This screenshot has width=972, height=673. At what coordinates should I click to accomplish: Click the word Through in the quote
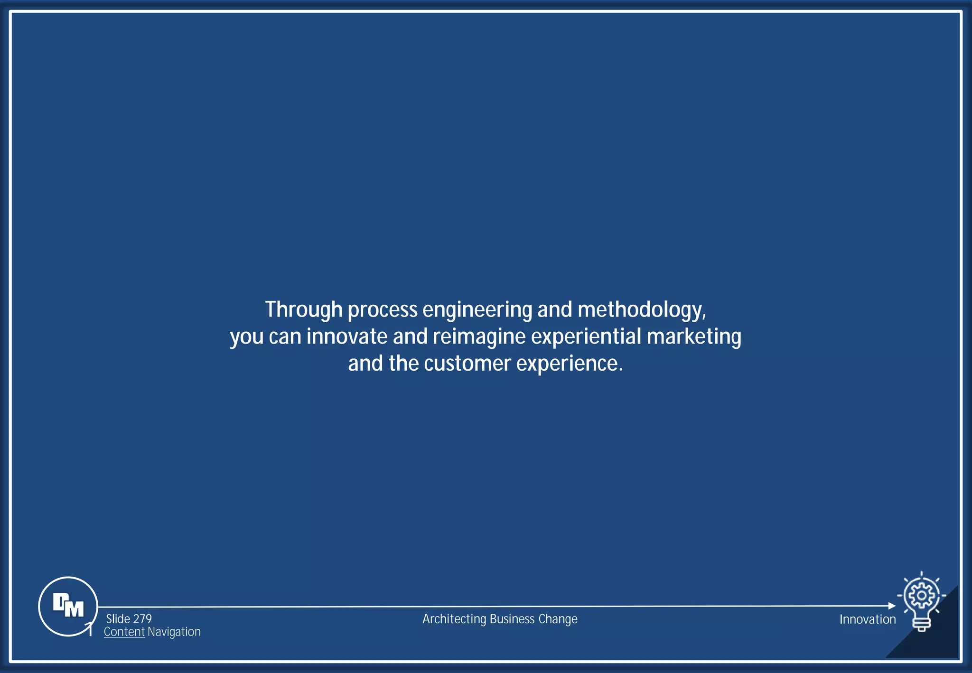pos(304,309)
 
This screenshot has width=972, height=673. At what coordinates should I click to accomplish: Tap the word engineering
pos(477,310)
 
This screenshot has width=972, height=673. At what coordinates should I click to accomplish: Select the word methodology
pos(641,310)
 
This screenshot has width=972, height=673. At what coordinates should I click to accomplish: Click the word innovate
pos(347,336)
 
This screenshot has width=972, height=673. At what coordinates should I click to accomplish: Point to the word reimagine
pos(479,336)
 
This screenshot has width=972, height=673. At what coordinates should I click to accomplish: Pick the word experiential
pos(586,336)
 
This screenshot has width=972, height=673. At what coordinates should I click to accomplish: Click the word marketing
pos(693,336)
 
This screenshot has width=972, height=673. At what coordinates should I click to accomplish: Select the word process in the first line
pos(383,310)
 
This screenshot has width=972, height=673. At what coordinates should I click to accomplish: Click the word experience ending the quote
pos(569,364)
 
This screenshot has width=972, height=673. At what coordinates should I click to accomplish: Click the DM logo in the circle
pos(68,606)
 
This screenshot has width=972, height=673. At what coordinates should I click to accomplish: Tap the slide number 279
pos(142,619)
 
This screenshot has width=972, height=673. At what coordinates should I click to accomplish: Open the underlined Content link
pos(124,632)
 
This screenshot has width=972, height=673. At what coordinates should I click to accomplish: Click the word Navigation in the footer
pos(174,632)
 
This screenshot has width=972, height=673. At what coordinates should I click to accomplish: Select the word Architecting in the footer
pos(454,619)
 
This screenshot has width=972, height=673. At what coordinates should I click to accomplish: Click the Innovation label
pos(868,619)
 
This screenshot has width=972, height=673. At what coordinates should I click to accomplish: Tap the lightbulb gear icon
pos(921,601)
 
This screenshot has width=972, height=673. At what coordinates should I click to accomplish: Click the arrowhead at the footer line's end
pos(892,606)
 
